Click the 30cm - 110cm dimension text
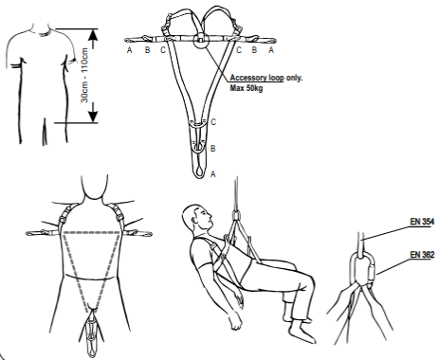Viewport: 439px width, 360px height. [x=84, y=75]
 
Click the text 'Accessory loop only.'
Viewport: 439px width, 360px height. [x=266, y=78]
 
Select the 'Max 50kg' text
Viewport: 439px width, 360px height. [x=247, y=87]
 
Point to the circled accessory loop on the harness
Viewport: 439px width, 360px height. [x=201, y=40]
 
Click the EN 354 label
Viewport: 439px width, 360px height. [x=422, y=222]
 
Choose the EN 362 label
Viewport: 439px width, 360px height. [x=422, y=254]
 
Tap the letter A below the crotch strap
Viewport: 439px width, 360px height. [x=213, y=173]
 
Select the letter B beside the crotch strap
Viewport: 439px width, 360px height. [x=213, y=148]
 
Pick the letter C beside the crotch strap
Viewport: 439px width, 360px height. [x=213, y=122]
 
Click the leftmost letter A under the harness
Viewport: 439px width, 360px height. [x=129, y=50]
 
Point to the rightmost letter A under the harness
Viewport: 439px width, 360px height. [x=271, y=50]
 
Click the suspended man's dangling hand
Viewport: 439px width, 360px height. [x=236, y=321]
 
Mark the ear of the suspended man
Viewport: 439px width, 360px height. [x=194, y=216]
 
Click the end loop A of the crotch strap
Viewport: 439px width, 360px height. [x=199, y=171]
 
